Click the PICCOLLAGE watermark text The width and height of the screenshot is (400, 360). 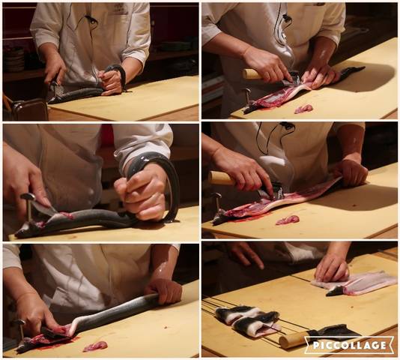pos(350,346)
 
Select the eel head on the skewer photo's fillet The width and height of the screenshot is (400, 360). pos(335,291)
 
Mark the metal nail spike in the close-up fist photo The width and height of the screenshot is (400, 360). pos(28,205)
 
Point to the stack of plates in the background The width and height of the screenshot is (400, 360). pos(14,59)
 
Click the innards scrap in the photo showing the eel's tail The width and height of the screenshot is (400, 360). pos(303,109)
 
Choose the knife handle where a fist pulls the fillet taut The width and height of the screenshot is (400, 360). pos(222,178)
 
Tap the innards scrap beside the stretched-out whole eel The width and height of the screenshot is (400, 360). pos(95,346)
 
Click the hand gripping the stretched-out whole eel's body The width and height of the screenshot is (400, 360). pos(164,291)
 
